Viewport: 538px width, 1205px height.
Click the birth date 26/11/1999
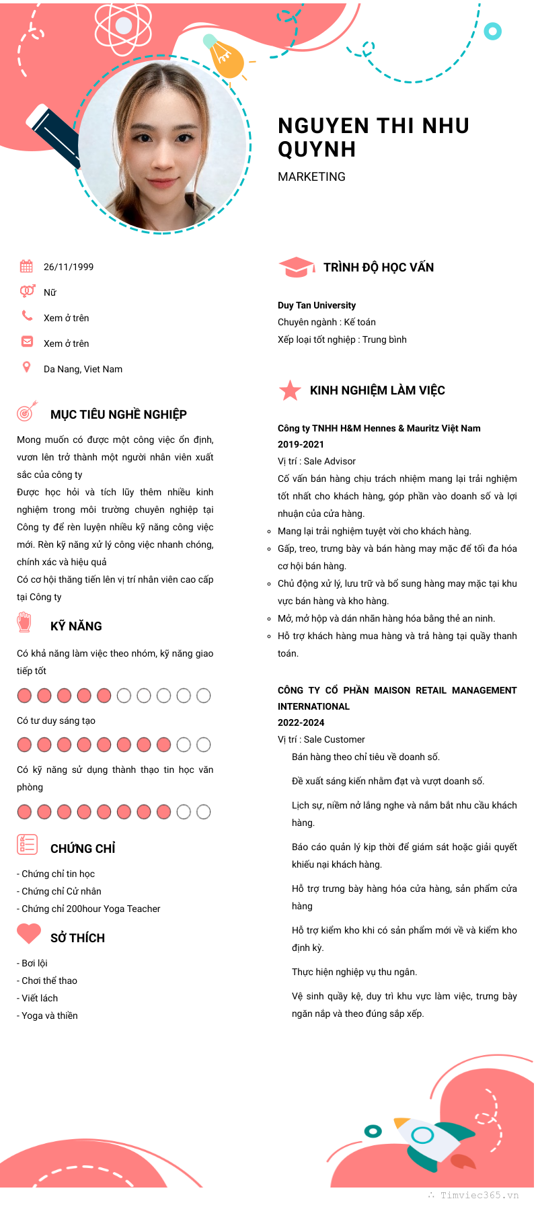[69, 267]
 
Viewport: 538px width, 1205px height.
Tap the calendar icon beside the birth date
[26, 266]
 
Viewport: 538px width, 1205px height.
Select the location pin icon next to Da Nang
[27, 367]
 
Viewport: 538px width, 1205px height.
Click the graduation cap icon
[296, 267]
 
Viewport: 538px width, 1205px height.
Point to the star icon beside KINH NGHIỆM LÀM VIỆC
[290, 390]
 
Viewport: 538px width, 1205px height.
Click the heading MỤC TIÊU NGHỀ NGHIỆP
[118, 415]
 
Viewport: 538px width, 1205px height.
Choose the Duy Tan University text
[317, 305]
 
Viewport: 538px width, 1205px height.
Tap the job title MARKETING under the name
[311, 177]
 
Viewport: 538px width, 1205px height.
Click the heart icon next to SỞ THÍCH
[29, 933]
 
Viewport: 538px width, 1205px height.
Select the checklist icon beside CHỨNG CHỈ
[27, 844]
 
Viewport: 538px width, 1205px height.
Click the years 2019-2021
[301, 444]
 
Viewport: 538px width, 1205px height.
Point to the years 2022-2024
[301, 722]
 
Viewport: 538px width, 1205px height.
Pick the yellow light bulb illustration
[225, 58]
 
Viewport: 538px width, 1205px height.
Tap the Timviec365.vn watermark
[479, 1195]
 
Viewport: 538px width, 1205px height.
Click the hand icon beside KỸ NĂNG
[25, 622]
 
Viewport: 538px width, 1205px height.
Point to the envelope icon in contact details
[27, 341]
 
